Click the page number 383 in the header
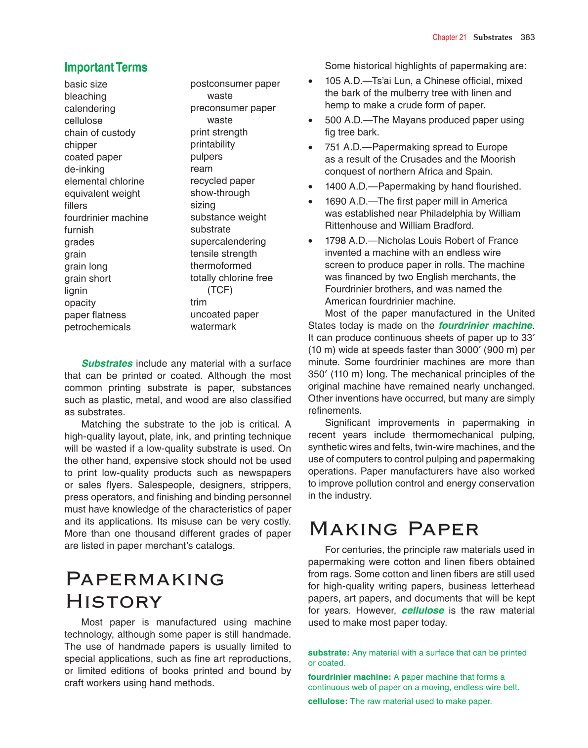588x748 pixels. (x=527, y=37)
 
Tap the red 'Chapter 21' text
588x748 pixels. (x=449, y=37)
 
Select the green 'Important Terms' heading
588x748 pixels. (x=106, y=68)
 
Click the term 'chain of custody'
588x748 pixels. (x=100, y=133)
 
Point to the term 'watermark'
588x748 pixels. (x=213, y=327)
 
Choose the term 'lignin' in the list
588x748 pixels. (x=76, y=291)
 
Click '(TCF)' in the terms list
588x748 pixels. (x=220, y=290)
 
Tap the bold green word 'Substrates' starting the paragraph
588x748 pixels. (x=107, y=363)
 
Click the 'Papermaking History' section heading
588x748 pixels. (x=145, y=590)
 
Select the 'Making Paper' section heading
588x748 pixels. (x=394, y=529)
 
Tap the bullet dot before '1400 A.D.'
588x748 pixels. (x=310, y=187)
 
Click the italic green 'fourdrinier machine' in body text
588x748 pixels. (x=485, y=326)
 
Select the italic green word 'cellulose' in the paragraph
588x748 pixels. (x=422, y=611)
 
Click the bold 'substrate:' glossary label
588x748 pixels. (x=329, y=653)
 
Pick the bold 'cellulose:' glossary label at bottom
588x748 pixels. (x=328, y=701)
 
